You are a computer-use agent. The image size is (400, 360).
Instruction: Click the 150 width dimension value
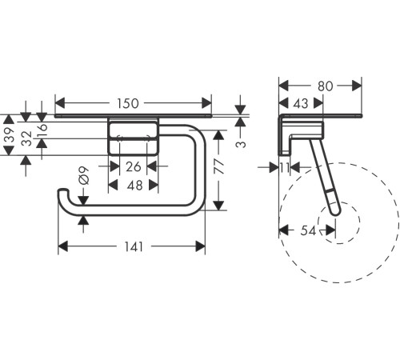pyautogui.click(x=128, y=103)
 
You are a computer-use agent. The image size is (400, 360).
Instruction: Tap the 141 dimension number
pyautogui.click(x=134, y=247)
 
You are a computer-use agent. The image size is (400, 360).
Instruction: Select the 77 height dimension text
pyautogui.click(x=219, y=166)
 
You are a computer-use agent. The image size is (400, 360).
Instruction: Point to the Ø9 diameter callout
pyautogui.click(x=83, y=176)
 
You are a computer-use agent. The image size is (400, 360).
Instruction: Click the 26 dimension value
pyautogui.click(x=134, y=167)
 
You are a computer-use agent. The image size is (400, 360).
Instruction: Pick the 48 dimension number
pyautogui.click(x=135, y=186)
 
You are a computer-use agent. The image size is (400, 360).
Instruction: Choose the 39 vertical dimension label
pyautogui.click(x=10, y=135)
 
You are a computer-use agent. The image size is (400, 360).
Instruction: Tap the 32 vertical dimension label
pyautogui.click(x=26, y=138)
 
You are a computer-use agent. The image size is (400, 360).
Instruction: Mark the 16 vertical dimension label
pyautogui.click(x=42, y=130)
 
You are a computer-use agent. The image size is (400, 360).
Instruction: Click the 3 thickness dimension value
pyautogui.click(x=241, y=144)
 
